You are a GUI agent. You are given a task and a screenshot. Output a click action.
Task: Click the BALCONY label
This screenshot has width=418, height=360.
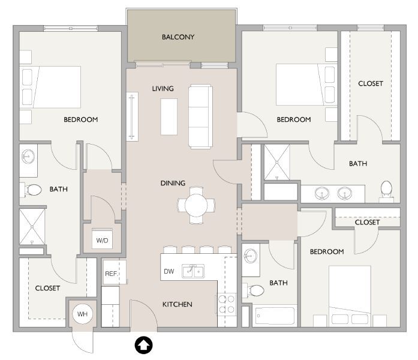[x=178, y=37]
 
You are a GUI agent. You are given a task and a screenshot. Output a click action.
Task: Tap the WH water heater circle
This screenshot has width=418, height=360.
[x=81, y=313]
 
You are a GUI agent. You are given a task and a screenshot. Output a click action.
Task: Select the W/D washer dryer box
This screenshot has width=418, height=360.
[x=103, y=240]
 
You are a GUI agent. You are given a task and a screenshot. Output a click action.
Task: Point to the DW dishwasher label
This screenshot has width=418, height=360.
[x=169, y=272]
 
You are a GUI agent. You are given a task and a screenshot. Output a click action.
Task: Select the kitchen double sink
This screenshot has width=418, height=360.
[x=194, y=272]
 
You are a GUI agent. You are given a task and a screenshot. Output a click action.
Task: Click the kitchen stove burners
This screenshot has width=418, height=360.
[x=227, y=304]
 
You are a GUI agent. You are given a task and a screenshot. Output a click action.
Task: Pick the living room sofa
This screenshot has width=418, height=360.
[x=200, y=116]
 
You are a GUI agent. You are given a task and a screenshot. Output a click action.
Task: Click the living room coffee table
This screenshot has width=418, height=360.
[x=169, y=116]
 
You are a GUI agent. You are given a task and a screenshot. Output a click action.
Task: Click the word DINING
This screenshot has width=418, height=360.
[x=173, y=183]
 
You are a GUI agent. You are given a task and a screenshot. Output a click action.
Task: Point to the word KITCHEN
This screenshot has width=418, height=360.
[x=177, y=304]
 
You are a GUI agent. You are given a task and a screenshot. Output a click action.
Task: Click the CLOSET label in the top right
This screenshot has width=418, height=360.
[x=370, y=83]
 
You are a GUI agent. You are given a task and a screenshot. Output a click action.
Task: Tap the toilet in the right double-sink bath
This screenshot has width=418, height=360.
[x=387, y=190]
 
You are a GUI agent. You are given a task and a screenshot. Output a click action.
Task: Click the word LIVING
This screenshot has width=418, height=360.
[x=163, y=89]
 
